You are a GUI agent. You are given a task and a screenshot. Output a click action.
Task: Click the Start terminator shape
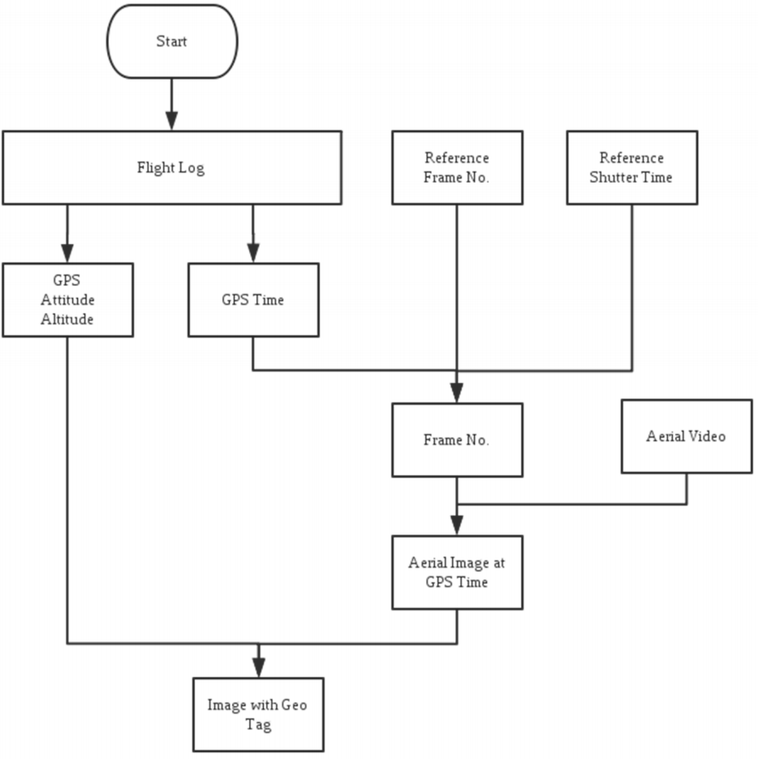[x=172, y=42]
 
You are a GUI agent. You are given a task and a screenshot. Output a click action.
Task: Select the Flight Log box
[x=172, y=167]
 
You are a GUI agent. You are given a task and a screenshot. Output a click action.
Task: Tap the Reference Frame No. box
[x=458, y=167]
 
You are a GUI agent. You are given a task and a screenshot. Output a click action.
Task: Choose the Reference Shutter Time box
[x=632, y=167]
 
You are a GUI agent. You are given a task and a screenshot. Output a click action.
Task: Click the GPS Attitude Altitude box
[x=68, y=300]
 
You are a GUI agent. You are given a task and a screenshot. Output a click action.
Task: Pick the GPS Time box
[x=254, y=300]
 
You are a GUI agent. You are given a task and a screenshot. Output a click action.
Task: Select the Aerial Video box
[x=686, y=436]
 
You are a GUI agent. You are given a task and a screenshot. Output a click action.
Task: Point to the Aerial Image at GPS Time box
[x=458, y=572]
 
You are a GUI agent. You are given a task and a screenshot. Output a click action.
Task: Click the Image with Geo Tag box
[x=259, y=715]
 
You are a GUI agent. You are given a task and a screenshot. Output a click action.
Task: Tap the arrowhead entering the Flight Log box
[x=172, y=121]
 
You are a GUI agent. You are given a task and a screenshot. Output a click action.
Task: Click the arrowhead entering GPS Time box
[x=253, y=253]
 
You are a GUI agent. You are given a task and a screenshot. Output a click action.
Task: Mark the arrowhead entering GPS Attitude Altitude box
[x=68, y=253]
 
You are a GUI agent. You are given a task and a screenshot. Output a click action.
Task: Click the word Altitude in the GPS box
[x=67, y=319]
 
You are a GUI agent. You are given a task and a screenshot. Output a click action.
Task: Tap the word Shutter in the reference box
[x=607, y=177]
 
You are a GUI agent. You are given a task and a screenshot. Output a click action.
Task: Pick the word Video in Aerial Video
[x=706, y=436]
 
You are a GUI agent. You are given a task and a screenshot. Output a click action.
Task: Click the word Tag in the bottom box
[x=258, y=725]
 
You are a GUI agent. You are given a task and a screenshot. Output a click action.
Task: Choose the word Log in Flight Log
[x=192, y=168]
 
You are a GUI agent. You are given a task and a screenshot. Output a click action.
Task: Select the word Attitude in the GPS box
[x=68, y=299]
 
